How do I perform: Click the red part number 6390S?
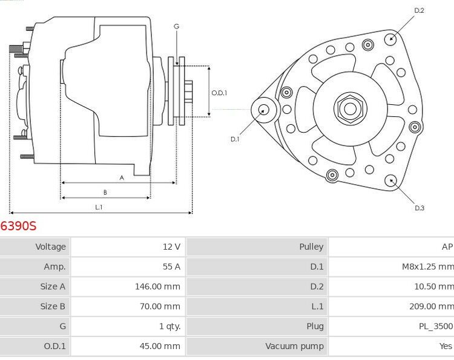click(19, 226)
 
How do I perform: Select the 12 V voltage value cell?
click(172, 247)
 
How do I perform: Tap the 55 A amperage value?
click(172, 267)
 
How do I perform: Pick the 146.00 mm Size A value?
click(157, 287)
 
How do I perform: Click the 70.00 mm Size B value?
click(160, 307)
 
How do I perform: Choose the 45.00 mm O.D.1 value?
click(160, 346)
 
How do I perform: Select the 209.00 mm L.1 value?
click(431, 307)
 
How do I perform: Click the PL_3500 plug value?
click(436, 327)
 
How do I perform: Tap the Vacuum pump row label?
click(294, 346)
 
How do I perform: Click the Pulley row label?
click(311, 247)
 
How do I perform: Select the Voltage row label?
click(50, 247)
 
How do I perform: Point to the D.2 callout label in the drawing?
click(419, 10)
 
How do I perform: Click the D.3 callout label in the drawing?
click(419, 208)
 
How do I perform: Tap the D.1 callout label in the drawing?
click(235, 139)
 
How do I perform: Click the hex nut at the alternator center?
click(350, 109)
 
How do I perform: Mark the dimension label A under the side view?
click(122, 178)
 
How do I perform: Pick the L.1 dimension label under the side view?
click(99, 207)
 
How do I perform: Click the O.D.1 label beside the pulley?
click(219, 93)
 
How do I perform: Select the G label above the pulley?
click(176, 26)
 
